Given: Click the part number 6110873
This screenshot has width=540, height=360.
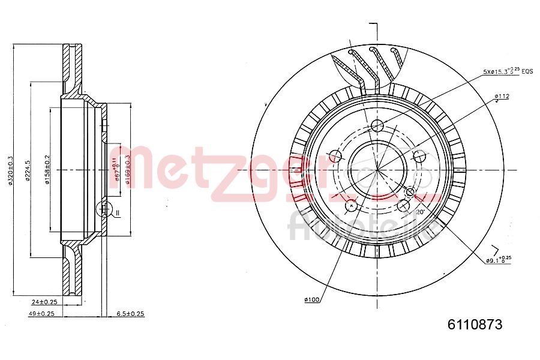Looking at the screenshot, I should [474, 325].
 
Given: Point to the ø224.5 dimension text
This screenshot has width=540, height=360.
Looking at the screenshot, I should [28, 170].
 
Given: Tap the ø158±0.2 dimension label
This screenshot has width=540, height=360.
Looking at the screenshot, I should [47, 170].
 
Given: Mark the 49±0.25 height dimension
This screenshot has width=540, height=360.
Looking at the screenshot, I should [42, 313].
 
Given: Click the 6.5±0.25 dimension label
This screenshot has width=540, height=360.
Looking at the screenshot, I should [130, 313].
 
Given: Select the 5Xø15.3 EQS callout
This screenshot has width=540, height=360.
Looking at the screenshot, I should [508, 71].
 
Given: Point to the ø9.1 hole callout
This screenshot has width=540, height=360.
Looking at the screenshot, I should [498, 259].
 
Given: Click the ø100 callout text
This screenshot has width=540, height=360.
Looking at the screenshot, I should [311, 299].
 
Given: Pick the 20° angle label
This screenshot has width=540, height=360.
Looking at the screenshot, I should [420, 212].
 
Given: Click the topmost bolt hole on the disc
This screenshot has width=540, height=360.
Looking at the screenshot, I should [377, 125].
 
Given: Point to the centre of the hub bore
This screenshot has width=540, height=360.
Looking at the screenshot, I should [377, 170].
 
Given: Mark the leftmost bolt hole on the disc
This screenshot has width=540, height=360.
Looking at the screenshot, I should [336, 157].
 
